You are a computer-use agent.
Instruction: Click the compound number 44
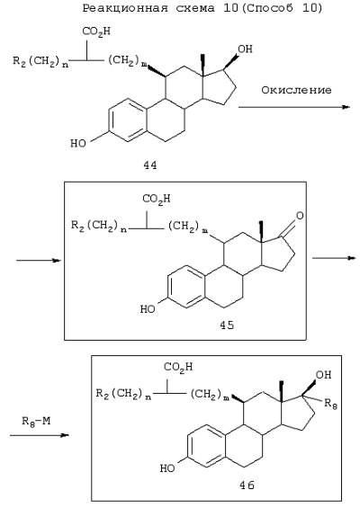[150, 165]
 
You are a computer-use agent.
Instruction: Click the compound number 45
[227, 325]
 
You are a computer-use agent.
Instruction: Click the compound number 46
[247, 485]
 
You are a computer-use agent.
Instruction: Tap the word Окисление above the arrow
[296, 90]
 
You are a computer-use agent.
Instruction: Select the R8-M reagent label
[36, 422]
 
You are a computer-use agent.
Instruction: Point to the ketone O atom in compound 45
[300, 216]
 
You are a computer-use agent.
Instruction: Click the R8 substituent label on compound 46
[331, 404]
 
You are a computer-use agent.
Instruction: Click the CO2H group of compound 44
[96, 31]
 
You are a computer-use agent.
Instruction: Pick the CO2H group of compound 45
[157, 199]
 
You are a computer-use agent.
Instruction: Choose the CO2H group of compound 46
[178, 367]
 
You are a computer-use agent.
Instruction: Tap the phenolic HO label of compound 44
[78, 143]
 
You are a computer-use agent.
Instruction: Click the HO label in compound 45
[148, 309]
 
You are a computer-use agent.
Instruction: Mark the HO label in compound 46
[167, 468]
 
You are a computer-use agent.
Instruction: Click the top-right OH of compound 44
[245, 49]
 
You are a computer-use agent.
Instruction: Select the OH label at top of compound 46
[324, 375]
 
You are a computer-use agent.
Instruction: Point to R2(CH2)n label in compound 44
[40, 61]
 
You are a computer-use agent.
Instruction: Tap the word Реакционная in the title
[125, 8]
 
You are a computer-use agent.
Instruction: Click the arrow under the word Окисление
[294, 107]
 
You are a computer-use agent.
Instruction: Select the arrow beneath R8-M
[40, 435]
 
